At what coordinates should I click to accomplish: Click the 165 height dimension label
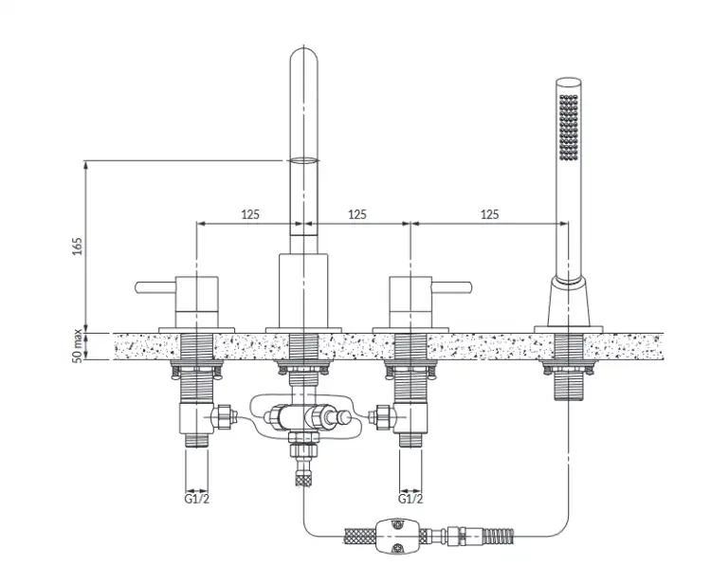[78, 246]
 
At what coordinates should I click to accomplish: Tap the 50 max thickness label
[78, 346]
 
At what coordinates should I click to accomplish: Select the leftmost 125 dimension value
[250, 214]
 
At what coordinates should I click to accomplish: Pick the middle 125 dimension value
[357, 214]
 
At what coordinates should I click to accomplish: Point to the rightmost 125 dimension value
[490, 214]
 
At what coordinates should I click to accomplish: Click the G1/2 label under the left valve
[197, 499]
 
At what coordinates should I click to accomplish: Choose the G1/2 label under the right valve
[410, 499]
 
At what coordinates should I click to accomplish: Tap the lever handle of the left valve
[155, 287]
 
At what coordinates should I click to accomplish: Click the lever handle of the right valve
[451, 287]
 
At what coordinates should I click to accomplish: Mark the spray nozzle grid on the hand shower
[569, 127]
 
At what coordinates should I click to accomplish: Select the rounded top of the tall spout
[303, 57]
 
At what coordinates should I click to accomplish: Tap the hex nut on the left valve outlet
[222, 416]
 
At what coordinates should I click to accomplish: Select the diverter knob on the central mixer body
[345, 417]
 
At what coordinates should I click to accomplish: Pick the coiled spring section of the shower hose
[499, 536]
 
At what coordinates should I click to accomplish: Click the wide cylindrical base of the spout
[303, 291]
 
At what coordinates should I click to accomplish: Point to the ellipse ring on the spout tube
[303, 160]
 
